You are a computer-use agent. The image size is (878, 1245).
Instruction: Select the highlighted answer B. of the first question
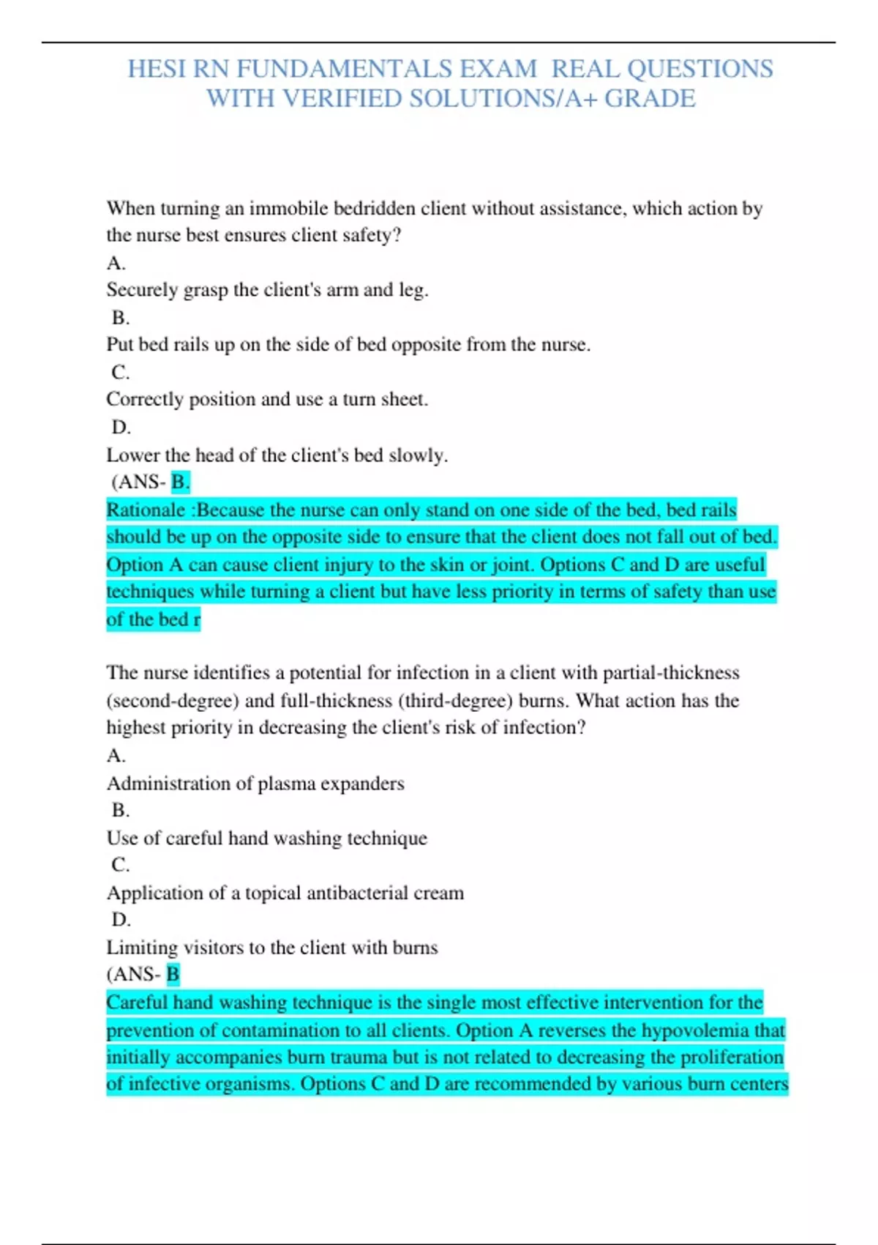[180, 482]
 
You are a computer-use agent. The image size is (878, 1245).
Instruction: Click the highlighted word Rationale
[146, 510]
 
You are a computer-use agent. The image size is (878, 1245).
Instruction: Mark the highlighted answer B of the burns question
[173, 974]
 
